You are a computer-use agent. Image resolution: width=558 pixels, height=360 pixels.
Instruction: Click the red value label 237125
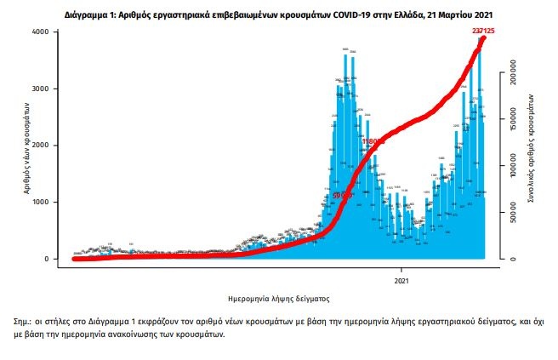[480, 31]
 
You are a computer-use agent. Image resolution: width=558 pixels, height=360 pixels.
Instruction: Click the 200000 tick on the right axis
[515, 78]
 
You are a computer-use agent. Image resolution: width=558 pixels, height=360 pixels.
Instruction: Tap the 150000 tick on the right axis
[515, 123]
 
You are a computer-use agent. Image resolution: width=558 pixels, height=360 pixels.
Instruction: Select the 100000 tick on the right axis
[515, 169]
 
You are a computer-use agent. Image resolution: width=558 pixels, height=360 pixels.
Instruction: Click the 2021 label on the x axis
[402, 280]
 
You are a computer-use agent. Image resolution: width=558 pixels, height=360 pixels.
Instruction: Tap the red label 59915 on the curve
[343, 194]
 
